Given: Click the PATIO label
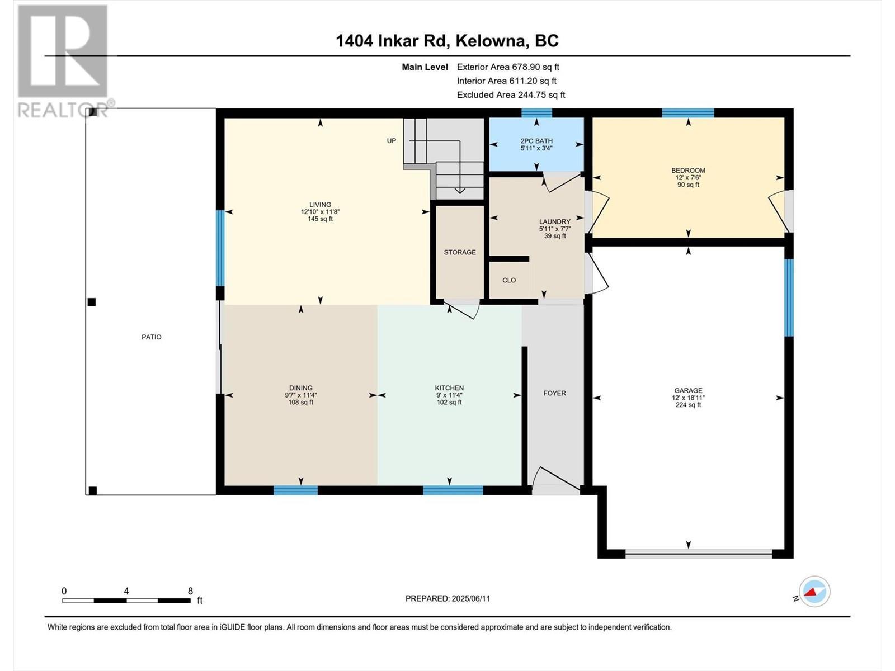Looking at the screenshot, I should click(151, 337).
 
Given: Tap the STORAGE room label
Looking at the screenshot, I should click(460, 252).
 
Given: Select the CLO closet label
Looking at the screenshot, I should click(509, 280).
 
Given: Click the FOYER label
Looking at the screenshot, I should click(554, 393).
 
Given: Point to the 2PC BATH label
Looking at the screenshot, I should click(536, 141).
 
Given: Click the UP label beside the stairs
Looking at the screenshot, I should click(392, 141).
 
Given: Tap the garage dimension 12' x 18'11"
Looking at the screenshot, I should click(688, 398).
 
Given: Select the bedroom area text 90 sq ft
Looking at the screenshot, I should click(688, 185).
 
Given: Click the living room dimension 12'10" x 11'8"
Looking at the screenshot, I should click(320, 212).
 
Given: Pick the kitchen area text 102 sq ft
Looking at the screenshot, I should click(449, 402).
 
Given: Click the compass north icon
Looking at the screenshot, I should click(814, 592).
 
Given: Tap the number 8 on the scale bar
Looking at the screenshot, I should click(190, 591).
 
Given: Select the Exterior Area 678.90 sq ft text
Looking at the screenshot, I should click(508, 67).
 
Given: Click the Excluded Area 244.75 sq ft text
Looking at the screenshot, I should click(511, 95).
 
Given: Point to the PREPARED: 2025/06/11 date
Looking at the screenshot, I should click(447, 598).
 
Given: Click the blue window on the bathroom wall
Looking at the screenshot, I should click(536, 113).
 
